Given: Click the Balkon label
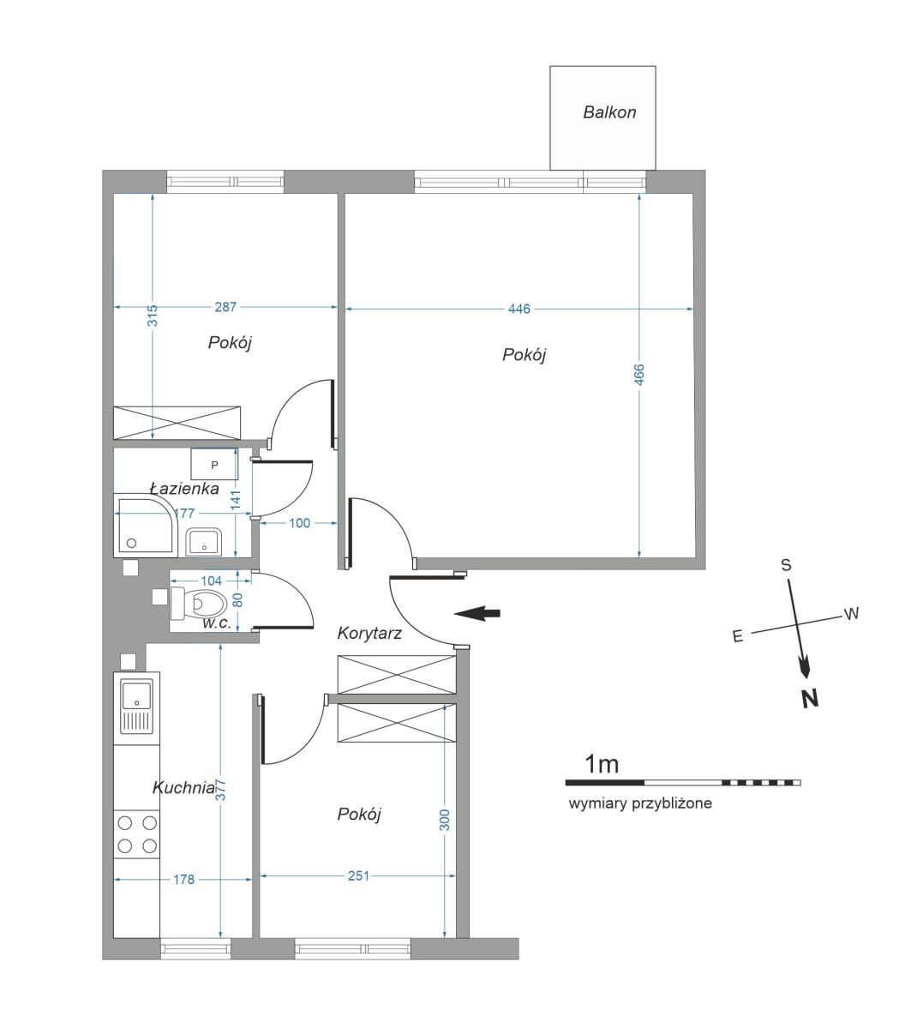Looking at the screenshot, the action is point(609,112).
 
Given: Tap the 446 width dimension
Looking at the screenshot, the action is point(518,309).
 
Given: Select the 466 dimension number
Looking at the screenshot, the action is point(639,375).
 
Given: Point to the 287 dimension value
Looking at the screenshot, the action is point(225,307).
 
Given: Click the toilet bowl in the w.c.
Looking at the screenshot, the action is point(199,603).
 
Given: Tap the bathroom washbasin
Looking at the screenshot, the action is point(203,541).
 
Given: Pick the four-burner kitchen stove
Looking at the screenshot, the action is point(136,834).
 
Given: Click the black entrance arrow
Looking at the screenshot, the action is point(477,613).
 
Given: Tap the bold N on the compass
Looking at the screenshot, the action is point(810,700).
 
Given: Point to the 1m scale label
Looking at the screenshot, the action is point(602,763).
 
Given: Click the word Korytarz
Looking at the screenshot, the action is point(369,634).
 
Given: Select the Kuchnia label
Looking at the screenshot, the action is point(183,788).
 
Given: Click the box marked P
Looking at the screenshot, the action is point(214,464).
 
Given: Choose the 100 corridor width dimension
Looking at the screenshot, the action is point(299,522).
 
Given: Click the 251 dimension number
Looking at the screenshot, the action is point(358,876).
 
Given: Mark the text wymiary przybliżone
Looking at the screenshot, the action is point(640,803).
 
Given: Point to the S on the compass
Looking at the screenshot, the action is point(786,565).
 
